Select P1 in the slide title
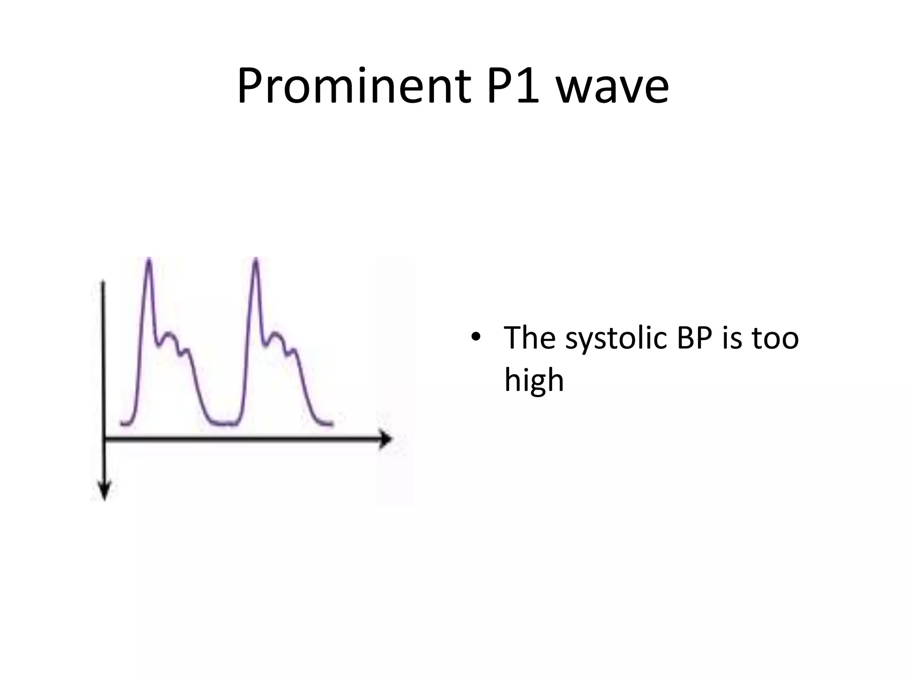pyautogui.click(x=513, y=87)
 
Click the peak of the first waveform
pyautogui.click(x=149, y=260)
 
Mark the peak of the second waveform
pyautogui.click(x=256, y=260)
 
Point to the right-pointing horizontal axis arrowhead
pyautogui.click(x=386, y=440)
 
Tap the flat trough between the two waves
pyautogui.click(x=226, y=424)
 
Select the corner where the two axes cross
pyautogui.click(x=104, y=439)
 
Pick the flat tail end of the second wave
pyautogui.click(x=327, y=424)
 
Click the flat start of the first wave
pyautogui.click(x=125, y=424)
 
